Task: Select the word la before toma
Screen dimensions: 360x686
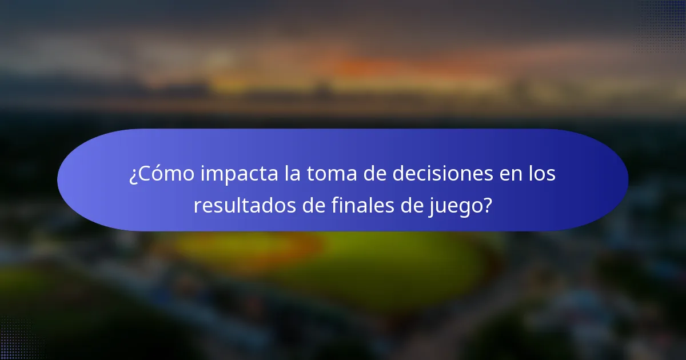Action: coord(293,174)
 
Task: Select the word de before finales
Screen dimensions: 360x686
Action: coord(313,205)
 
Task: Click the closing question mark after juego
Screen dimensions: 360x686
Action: coord(488,205)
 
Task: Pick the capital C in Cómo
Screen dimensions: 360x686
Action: coord(145,174)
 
